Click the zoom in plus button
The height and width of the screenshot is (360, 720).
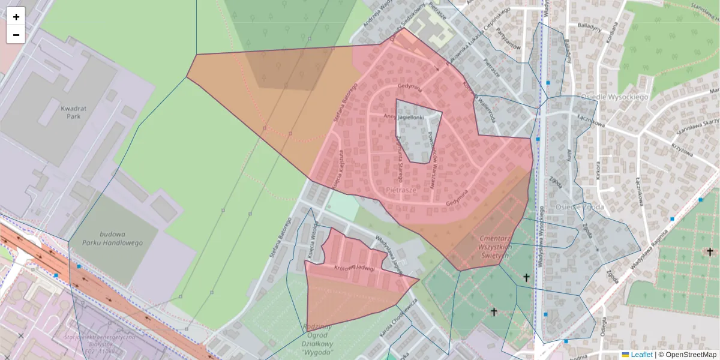pos(16,17)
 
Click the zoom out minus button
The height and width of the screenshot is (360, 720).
pos(16,35)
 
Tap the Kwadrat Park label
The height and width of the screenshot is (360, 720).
pos(71,112)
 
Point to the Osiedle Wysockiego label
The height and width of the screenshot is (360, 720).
pos(614,97)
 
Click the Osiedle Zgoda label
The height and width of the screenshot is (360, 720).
pos(579,207)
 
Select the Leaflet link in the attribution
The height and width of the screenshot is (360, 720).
pos(641,355)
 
